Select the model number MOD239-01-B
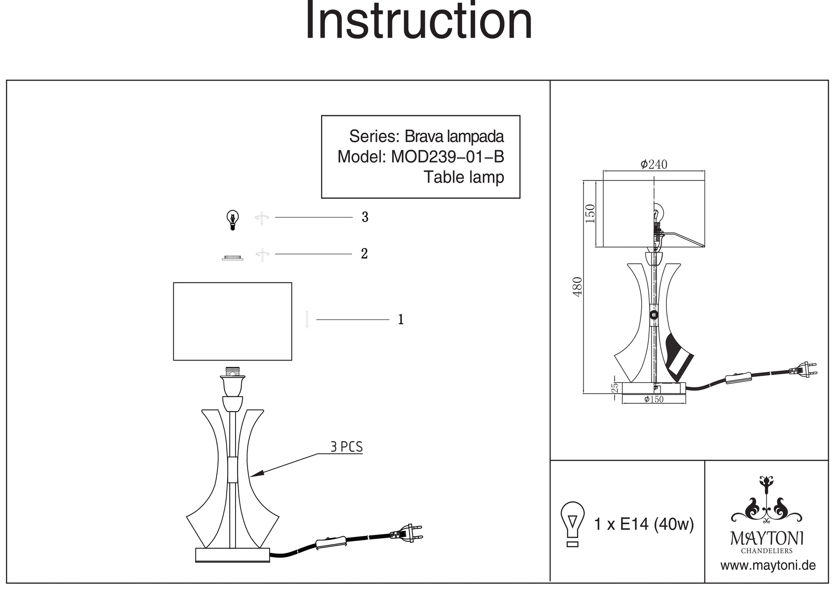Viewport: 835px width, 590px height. [x=448, y=157]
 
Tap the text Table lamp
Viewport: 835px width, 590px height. [x=464, y=177]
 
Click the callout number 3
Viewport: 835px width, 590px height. [x=365, y=217]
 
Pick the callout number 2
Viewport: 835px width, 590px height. [x=364, y=254]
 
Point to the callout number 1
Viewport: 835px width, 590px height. [x=401, y=320]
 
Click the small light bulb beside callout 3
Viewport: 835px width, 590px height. [x=233, y=220]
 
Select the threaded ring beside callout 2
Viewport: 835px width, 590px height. [x=233, y=257]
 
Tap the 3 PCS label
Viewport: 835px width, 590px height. [x=347, y=447]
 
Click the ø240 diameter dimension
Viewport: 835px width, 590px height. [x=654, y=164]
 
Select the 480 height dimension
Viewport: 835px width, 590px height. [x=577, y=287]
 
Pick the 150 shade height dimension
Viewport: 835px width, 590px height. [x=590, y=214]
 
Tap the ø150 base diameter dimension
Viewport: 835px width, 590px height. [x=654, y=399]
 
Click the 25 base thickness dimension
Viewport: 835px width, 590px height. [x=615, y=388]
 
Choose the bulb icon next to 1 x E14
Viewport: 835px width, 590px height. [x=573, y=524]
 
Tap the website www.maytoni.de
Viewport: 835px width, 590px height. [x=768, y=566]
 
